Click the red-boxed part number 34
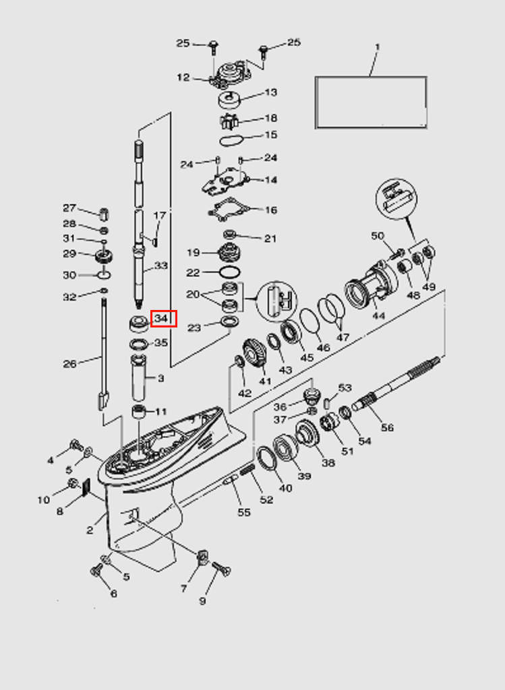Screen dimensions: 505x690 [162, 318]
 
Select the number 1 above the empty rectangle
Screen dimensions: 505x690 [377, 47]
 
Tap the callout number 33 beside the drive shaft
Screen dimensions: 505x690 [160, 265]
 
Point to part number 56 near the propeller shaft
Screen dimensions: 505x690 [387, 427]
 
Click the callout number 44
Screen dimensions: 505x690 [378, 315]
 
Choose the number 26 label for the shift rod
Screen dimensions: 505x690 [70, 364]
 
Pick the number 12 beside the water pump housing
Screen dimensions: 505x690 [183, 77]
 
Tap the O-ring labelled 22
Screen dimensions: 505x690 [229, 272]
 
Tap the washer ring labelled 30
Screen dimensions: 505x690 [103, 275]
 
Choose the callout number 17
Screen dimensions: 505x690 [160, 216]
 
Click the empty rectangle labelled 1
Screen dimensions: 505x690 [371, 102]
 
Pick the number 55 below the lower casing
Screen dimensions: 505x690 [243, 512]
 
